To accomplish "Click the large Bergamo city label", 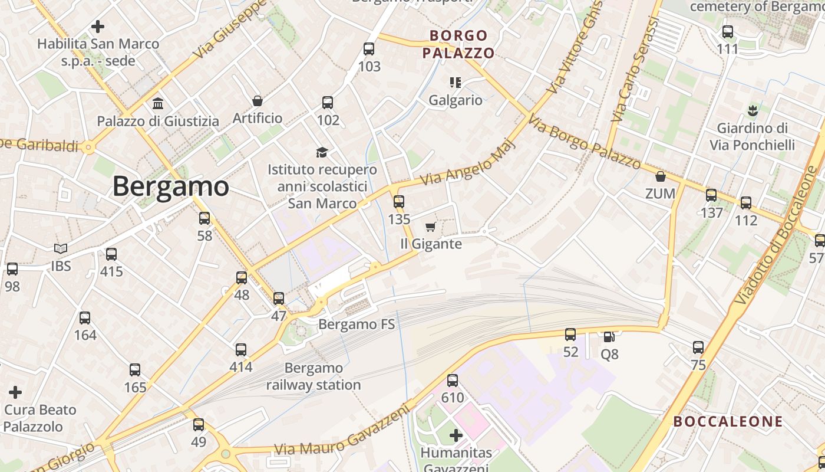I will (170, 186).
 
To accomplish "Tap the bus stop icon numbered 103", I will (369, 49).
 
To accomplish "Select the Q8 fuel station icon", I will (609, 337).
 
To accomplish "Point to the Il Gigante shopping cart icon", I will (430, 227).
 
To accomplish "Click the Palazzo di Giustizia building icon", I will (158, 104).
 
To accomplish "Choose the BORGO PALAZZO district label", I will (458, 44).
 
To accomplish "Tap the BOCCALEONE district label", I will (728, 422).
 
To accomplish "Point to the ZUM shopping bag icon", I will (661, 176).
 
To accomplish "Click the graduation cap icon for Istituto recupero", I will (322, 153).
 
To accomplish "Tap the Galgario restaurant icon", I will (455, 83).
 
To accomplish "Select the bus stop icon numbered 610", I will (453, 381).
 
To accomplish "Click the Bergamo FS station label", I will (357, 324).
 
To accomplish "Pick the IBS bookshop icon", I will (61, 249).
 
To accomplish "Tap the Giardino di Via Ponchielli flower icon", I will (752, 110).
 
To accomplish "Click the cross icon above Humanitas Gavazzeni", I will (456, 436).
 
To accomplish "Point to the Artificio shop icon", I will (257, 101).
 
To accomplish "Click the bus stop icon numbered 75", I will (698, 348).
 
